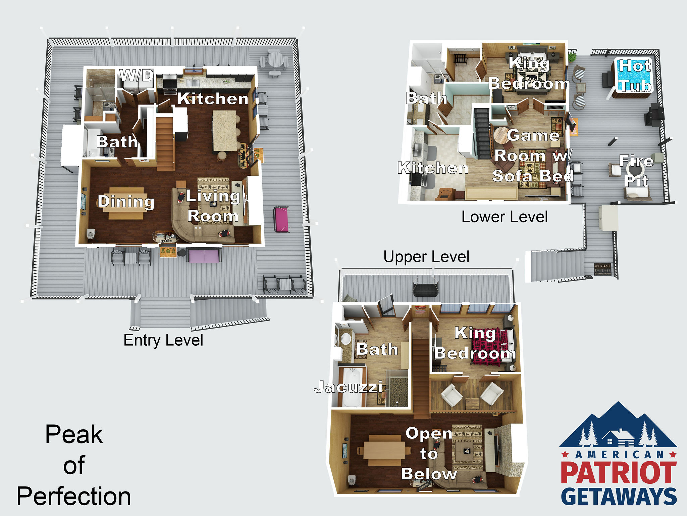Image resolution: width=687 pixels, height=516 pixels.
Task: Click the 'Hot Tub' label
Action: click(635, 76)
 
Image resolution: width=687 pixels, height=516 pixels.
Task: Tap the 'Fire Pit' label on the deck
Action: click(636, 171)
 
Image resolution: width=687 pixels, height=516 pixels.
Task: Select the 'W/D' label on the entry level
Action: click(137, 75)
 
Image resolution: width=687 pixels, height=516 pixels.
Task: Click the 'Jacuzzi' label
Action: click(348, 387)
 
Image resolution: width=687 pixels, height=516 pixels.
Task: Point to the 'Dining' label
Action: click(126, 202)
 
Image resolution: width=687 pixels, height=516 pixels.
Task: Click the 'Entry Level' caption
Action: click(163, 340)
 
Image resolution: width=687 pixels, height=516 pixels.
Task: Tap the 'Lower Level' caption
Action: click(505, 217)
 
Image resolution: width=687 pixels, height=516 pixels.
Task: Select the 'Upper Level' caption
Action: click(426, 257)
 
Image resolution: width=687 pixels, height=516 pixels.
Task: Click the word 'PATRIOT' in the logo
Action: click(619, 473)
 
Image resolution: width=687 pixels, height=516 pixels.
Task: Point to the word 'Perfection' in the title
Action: click(74, 496)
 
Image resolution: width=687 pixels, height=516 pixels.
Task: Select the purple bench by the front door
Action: click(204, 256)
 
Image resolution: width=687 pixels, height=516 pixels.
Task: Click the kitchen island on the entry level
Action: click(225, 130)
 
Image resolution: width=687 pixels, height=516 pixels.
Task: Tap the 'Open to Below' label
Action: click(429, 454)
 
